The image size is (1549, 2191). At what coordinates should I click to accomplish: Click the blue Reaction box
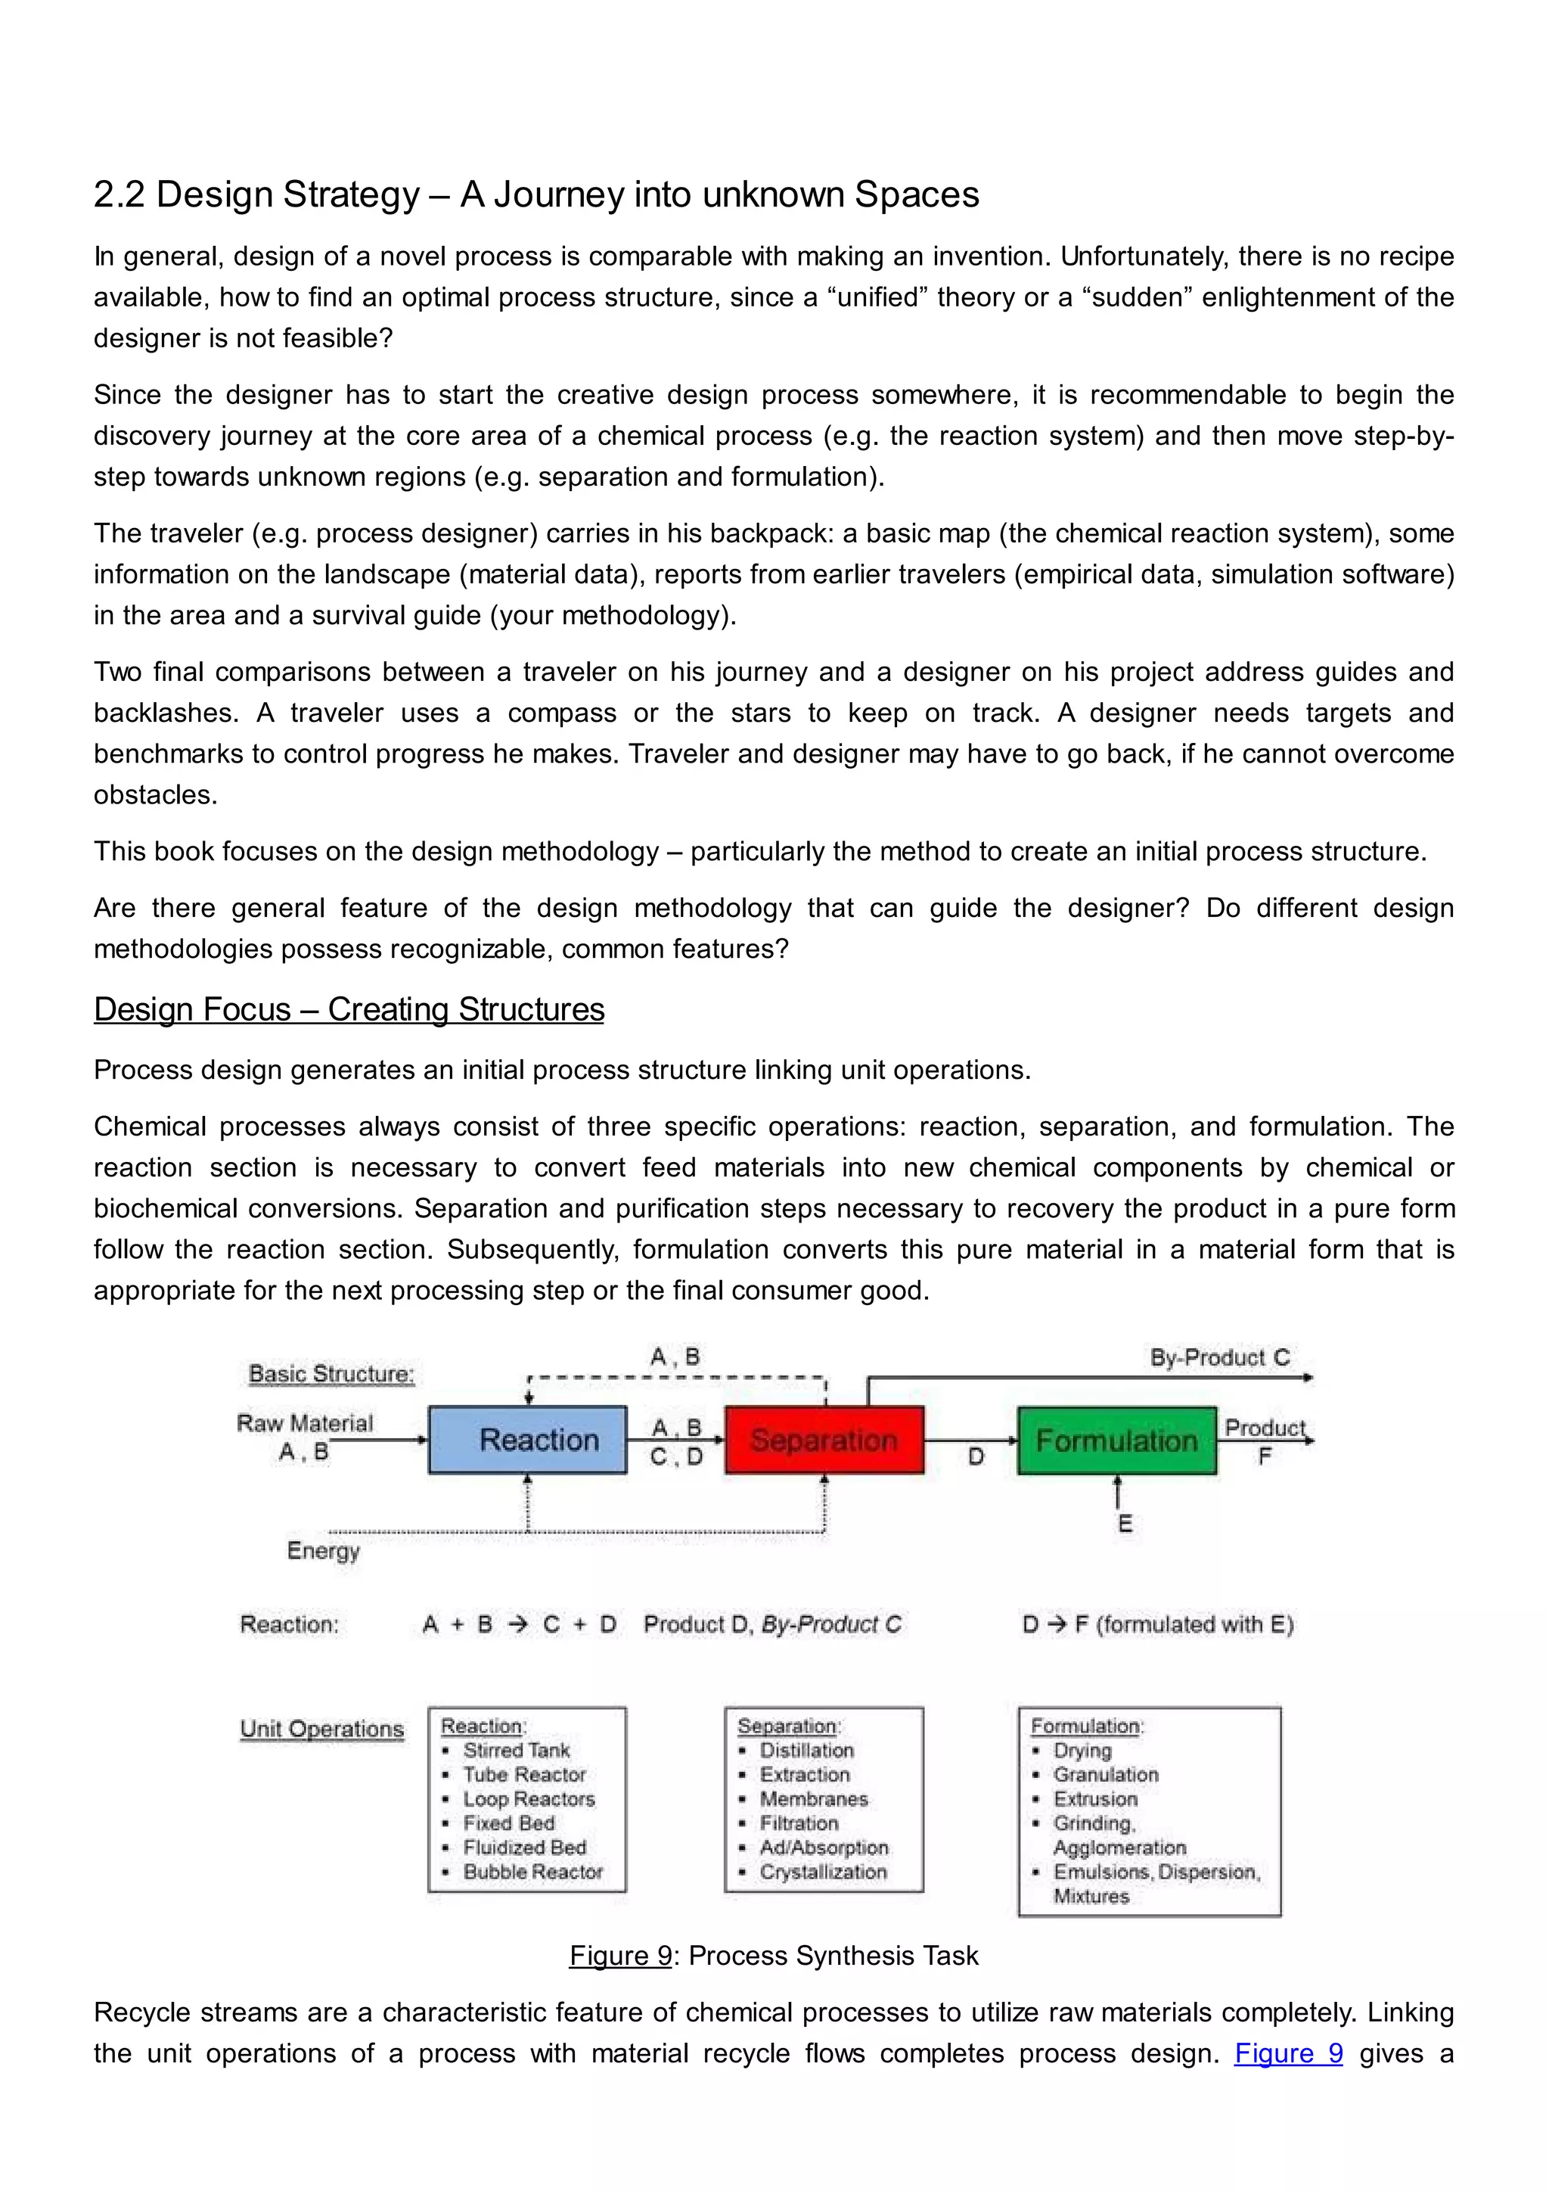527,1439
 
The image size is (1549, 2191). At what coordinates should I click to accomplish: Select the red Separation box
824,1439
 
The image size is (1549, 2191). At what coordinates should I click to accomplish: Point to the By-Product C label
1219,1357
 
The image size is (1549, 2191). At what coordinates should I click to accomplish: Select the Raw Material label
304,1423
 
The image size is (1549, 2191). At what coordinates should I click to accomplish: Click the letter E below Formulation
1125,1523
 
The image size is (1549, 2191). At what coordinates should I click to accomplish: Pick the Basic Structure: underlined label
331,1373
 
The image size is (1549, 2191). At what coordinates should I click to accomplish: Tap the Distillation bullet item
806,1750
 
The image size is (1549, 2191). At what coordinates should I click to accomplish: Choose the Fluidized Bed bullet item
525,1848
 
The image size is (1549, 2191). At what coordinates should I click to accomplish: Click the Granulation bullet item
1106,1774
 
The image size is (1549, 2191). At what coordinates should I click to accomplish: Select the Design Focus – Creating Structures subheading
349,1008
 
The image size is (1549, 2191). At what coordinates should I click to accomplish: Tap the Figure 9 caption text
774,1955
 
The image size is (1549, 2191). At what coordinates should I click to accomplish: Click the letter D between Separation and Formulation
976,1457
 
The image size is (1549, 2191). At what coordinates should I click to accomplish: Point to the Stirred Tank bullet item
516,1750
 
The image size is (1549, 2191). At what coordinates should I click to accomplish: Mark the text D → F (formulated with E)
1157,1624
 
